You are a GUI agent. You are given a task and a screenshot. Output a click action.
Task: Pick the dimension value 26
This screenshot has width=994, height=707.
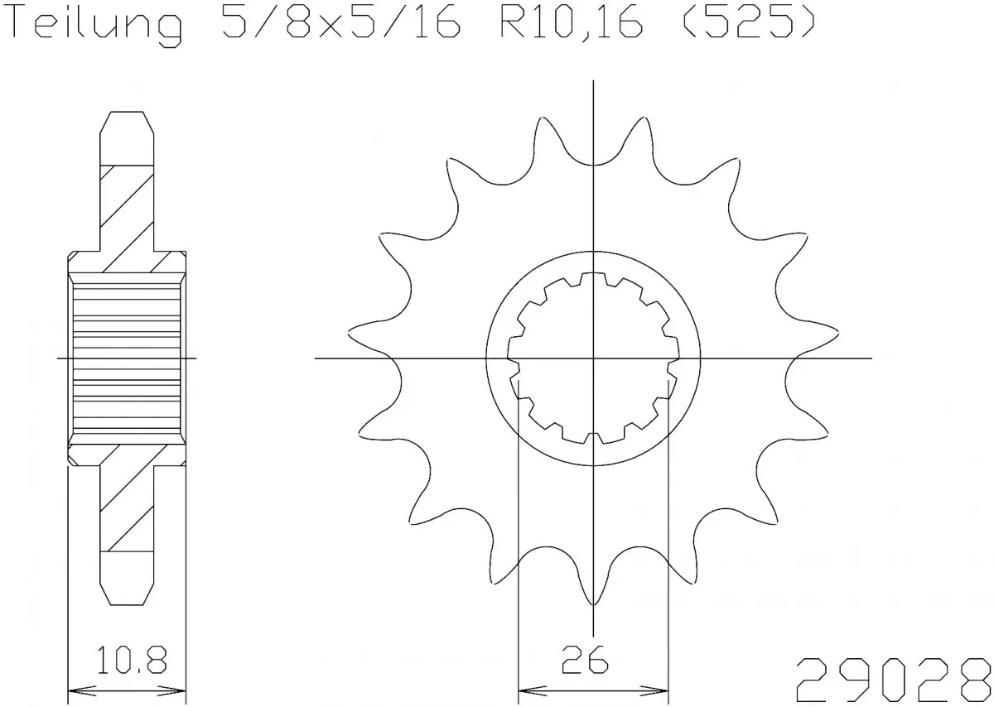pyautogui.click(x=592, y=661)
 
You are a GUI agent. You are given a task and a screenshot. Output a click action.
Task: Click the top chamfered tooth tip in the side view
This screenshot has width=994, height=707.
pyautogui.click(x=127, y=124)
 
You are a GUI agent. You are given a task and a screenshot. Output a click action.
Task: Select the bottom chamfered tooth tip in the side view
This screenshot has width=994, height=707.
pyautogui.click(x=127, y=591)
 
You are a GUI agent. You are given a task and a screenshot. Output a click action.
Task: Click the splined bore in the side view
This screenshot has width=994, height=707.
pyautogui.click(x=127, y=358)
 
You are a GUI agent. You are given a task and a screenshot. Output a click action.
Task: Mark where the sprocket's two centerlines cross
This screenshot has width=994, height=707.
pyautogui.click(x=593, y=358)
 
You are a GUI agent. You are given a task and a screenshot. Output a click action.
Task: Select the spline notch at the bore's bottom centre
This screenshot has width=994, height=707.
pyautogui.click(x=593, y=437)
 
